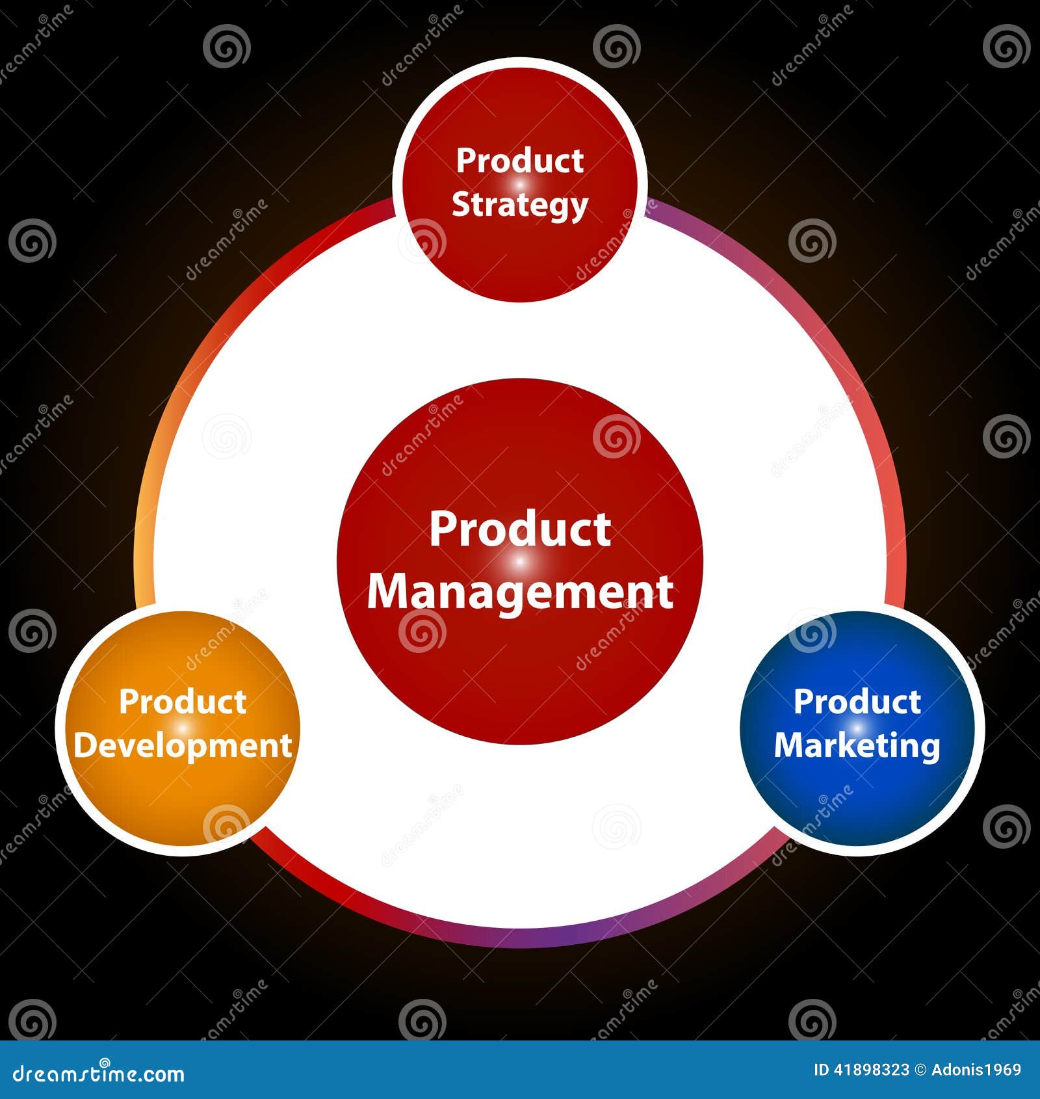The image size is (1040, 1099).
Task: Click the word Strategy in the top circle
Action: coord(519,205)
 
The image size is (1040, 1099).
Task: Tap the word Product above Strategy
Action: coord(519,161)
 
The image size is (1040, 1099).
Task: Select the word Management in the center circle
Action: coord(519,591)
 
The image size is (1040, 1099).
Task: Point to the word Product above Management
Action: coord(519,529)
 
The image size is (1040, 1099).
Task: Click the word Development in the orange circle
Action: coord(183,746)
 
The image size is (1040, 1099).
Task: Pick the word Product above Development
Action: coord(183,702)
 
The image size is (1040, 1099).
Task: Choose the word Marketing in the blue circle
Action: coord(857,746)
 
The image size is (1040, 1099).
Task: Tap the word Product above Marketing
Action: coord(857,702)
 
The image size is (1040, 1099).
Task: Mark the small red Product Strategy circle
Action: coord(519,260)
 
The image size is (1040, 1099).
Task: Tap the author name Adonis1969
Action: coord(976,1070)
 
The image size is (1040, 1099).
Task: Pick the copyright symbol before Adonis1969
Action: coord(920,1070)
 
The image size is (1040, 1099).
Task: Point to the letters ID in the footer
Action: coord(822,1070)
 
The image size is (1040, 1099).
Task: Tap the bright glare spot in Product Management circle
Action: coord(520,560)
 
